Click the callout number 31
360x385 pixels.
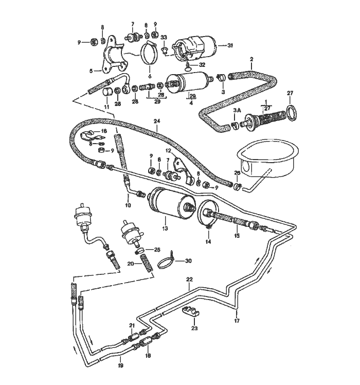point(230,46)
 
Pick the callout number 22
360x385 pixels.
point(189,279)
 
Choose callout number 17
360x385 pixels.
point(237,320)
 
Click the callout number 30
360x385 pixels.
point(188,261)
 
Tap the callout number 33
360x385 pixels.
point(164,38)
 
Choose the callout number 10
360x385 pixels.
point(128,205)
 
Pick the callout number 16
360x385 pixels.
point(104,132)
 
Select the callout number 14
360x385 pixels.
point(208,241)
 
